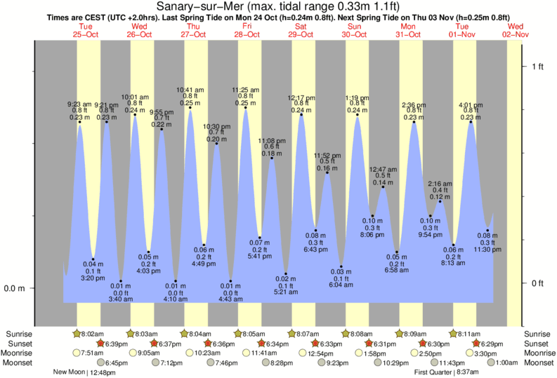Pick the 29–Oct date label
[301, 34]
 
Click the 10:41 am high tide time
[190, 90]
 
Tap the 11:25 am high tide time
[245, 90]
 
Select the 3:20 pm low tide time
[93, 278]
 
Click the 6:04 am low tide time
[341, 285]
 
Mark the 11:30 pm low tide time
[487, 250]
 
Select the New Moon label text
[70, 372]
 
